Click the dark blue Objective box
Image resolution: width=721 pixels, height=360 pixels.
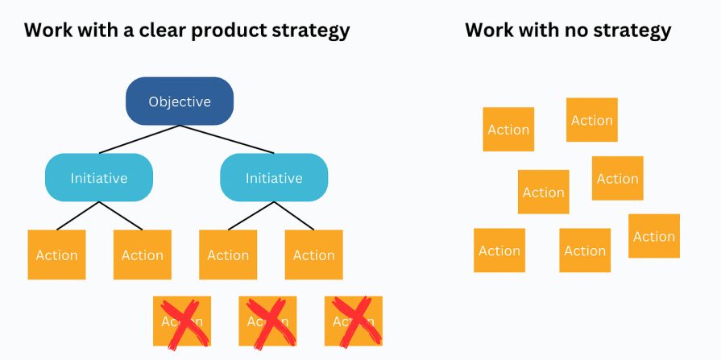[180, 101]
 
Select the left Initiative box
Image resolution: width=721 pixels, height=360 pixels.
[98, 178]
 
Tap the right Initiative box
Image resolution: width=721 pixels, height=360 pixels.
[274, 178]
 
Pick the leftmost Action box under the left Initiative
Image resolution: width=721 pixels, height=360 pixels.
[56, 255]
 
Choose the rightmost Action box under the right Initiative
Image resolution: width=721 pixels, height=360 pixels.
[313, 255]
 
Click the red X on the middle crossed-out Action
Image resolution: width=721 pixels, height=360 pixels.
[267, 321]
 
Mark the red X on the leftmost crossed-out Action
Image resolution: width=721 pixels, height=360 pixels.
[182, 321]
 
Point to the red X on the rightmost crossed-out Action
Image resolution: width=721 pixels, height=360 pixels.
[354, 321]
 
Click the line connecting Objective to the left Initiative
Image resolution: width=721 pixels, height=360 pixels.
[139, 139]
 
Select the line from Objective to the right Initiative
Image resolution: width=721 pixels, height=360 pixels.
[227, 139]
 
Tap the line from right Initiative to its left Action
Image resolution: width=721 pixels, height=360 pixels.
[251, 216]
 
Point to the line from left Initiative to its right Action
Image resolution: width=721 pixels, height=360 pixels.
[121, 216]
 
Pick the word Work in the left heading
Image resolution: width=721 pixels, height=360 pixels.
[49, 31]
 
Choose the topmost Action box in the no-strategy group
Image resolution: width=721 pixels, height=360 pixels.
[592, 120]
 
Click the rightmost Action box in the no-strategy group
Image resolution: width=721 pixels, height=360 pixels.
[654, 236]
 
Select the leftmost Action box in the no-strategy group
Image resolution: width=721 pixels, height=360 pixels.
[499, 250]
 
